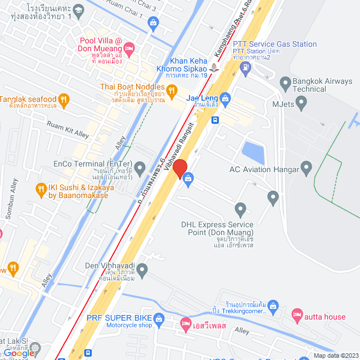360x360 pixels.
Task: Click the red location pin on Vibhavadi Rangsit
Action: pyautogui.click(x=179, y=168)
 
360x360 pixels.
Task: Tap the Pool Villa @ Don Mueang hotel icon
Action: pyautogui.click(x=129, y=49)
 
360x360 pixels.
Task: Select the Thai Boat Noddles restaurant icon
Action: pyautogui.click(x=173, y=89)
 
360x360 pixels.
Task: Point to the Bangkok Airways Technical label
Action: pyautogui.click(x=322, y=85)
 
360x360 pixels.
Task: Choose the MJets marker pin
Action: pyautogui.click(x=301, y=103)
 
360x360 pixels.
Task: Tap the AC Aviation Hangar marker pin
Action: pyautogui.click(x=307, y=167)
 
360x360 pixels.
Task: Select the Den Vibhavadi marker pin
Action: pyautogui.click(x=143, y=271)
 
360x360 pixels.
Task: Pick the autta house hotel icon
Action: pyautogui.click(x=298, y=317)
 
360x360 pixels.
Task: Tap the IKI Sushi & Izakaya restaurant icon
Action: pyautogui.click(x=40, y=189)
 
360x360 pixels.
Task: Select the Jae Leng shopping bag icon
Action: pyautogui.click(x=226, y=99)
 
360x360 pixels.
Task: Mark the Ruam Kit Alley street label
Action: pyautogui.click(x=68, y=130)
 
